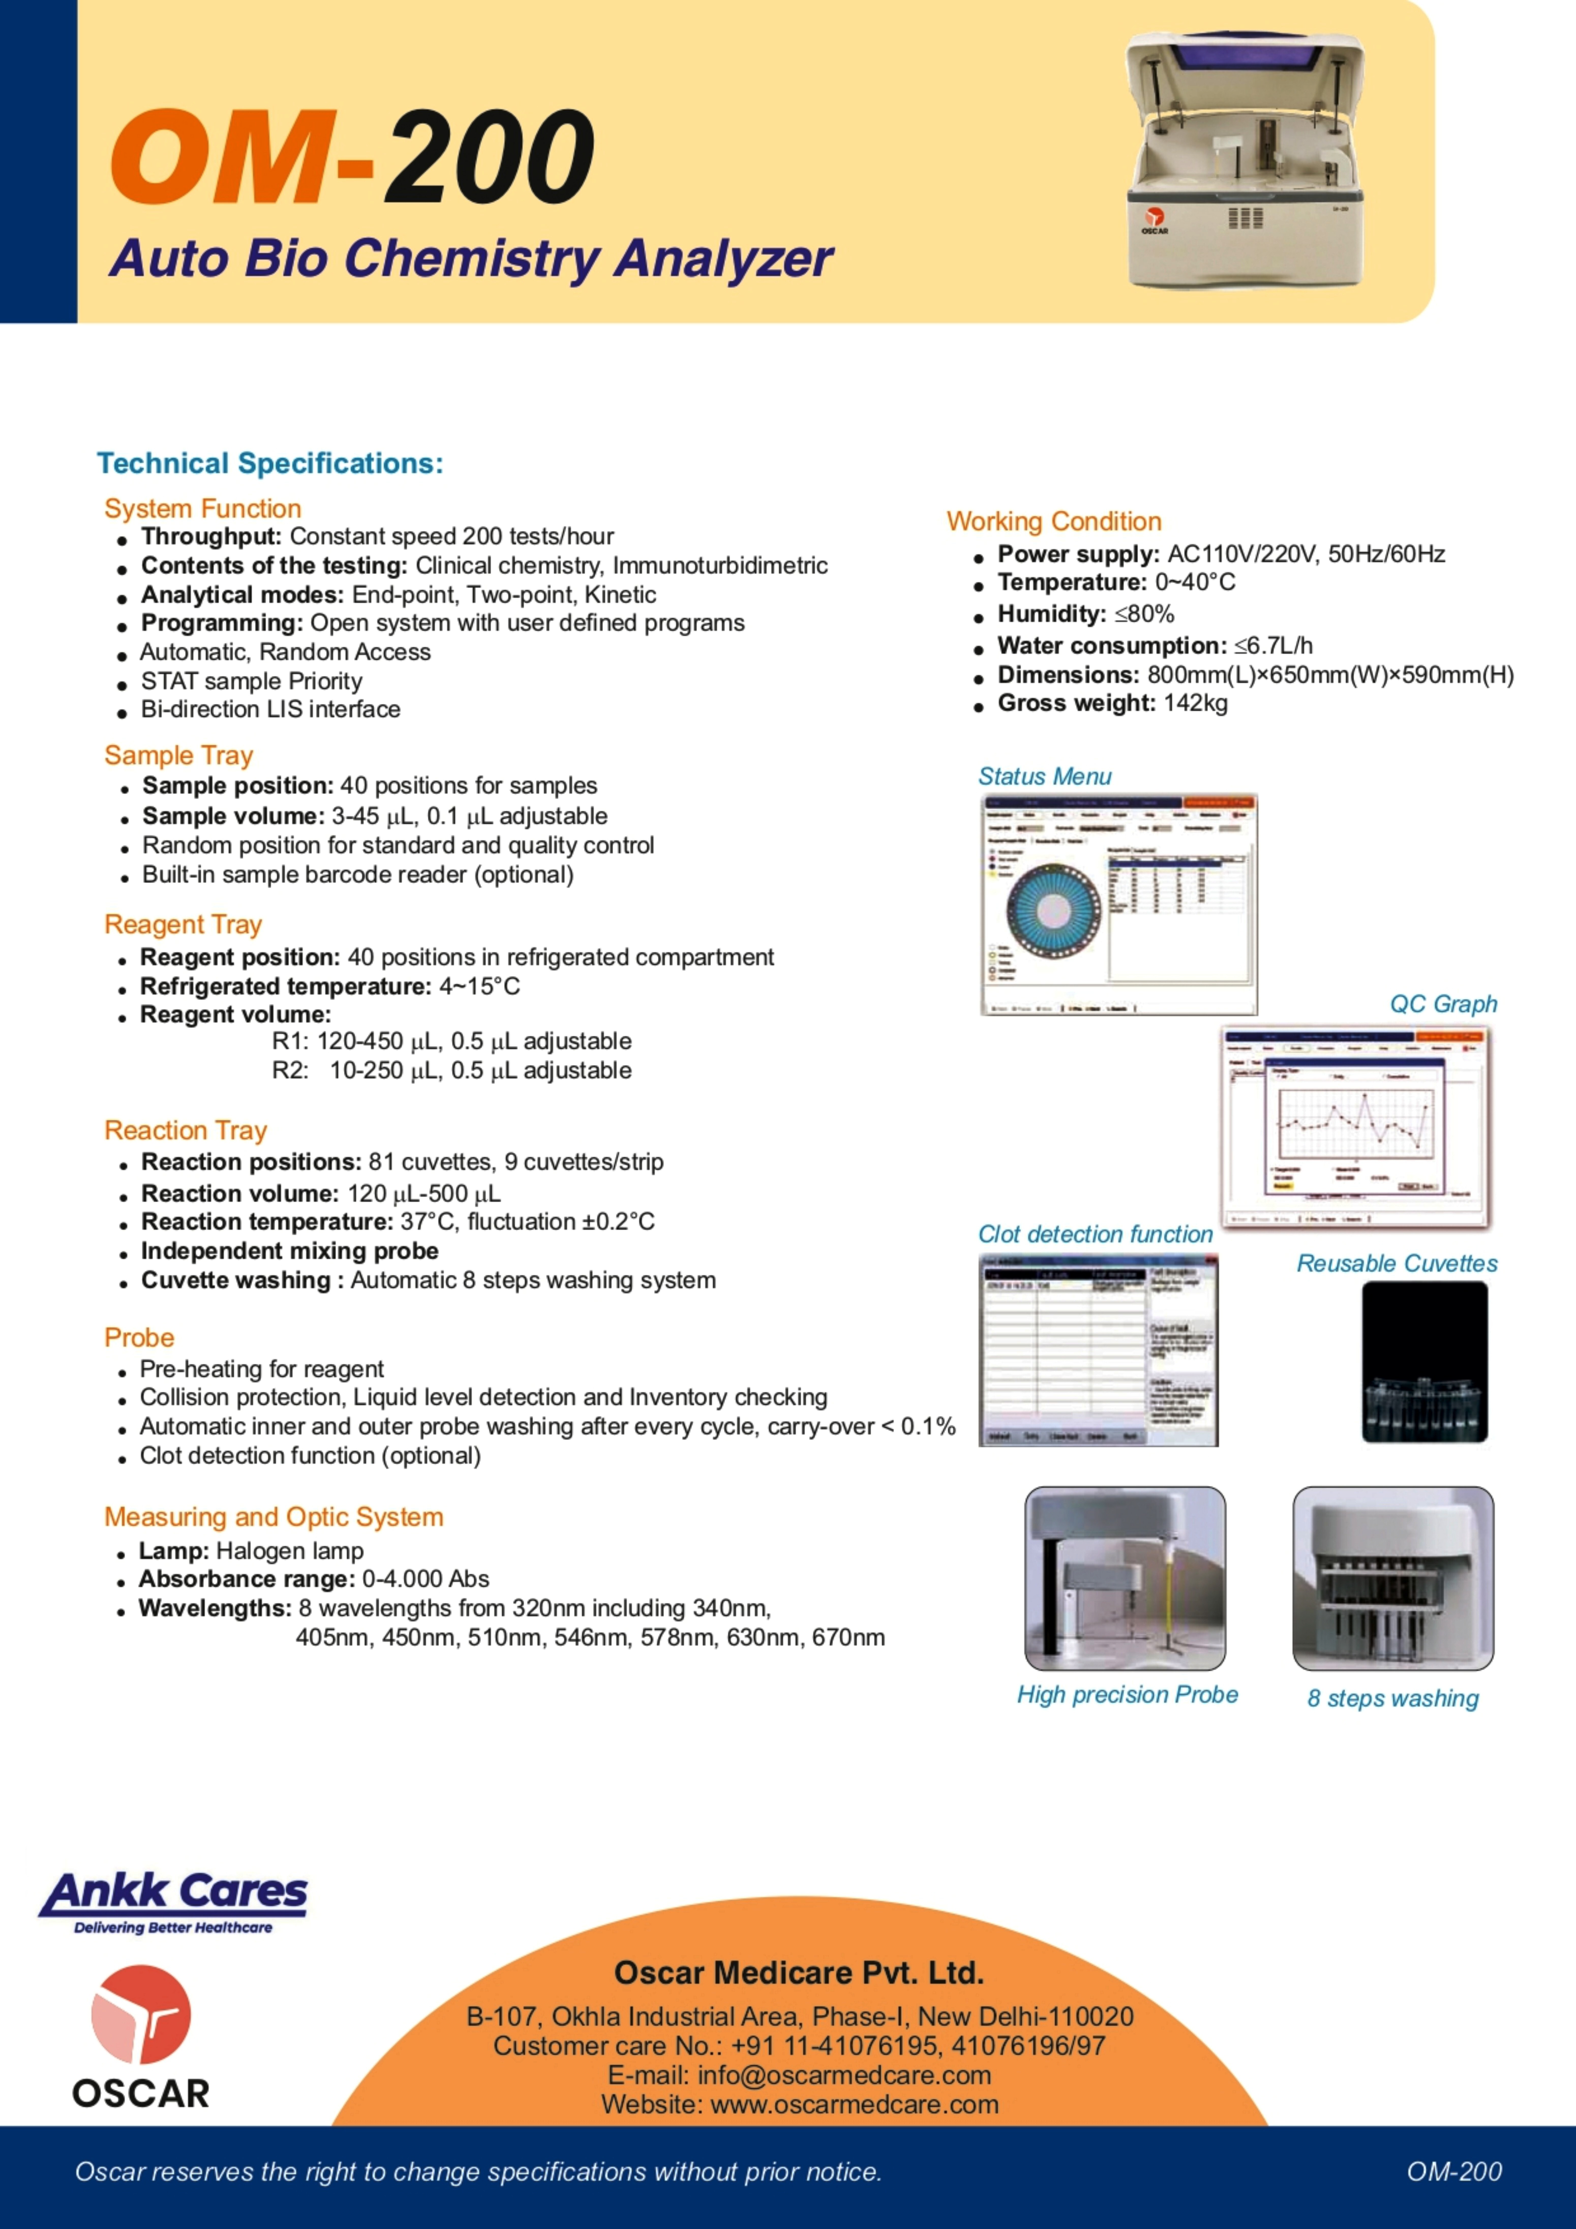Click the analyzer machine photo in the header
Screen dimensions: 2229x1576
[x=1245, y=160]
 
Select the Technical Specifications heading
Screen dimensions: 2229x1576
[x=270, y=463]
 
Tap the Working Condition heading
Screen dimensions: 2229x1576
[x=1054, y=521]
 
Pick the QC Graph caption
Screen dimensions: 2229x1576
[x=1443, y=1004]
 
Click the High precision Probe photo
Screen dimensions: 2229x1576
[x=1125, y=1577]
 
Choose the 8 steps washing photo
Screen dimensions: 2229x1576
[x=1392, y=1577]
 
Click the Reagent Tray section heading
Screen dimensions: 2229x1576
[x=184, y=924]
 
